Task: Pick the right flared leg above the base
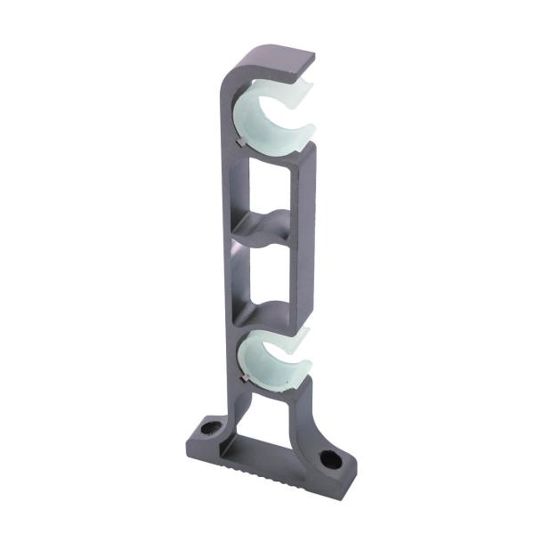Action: [307, 418]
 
